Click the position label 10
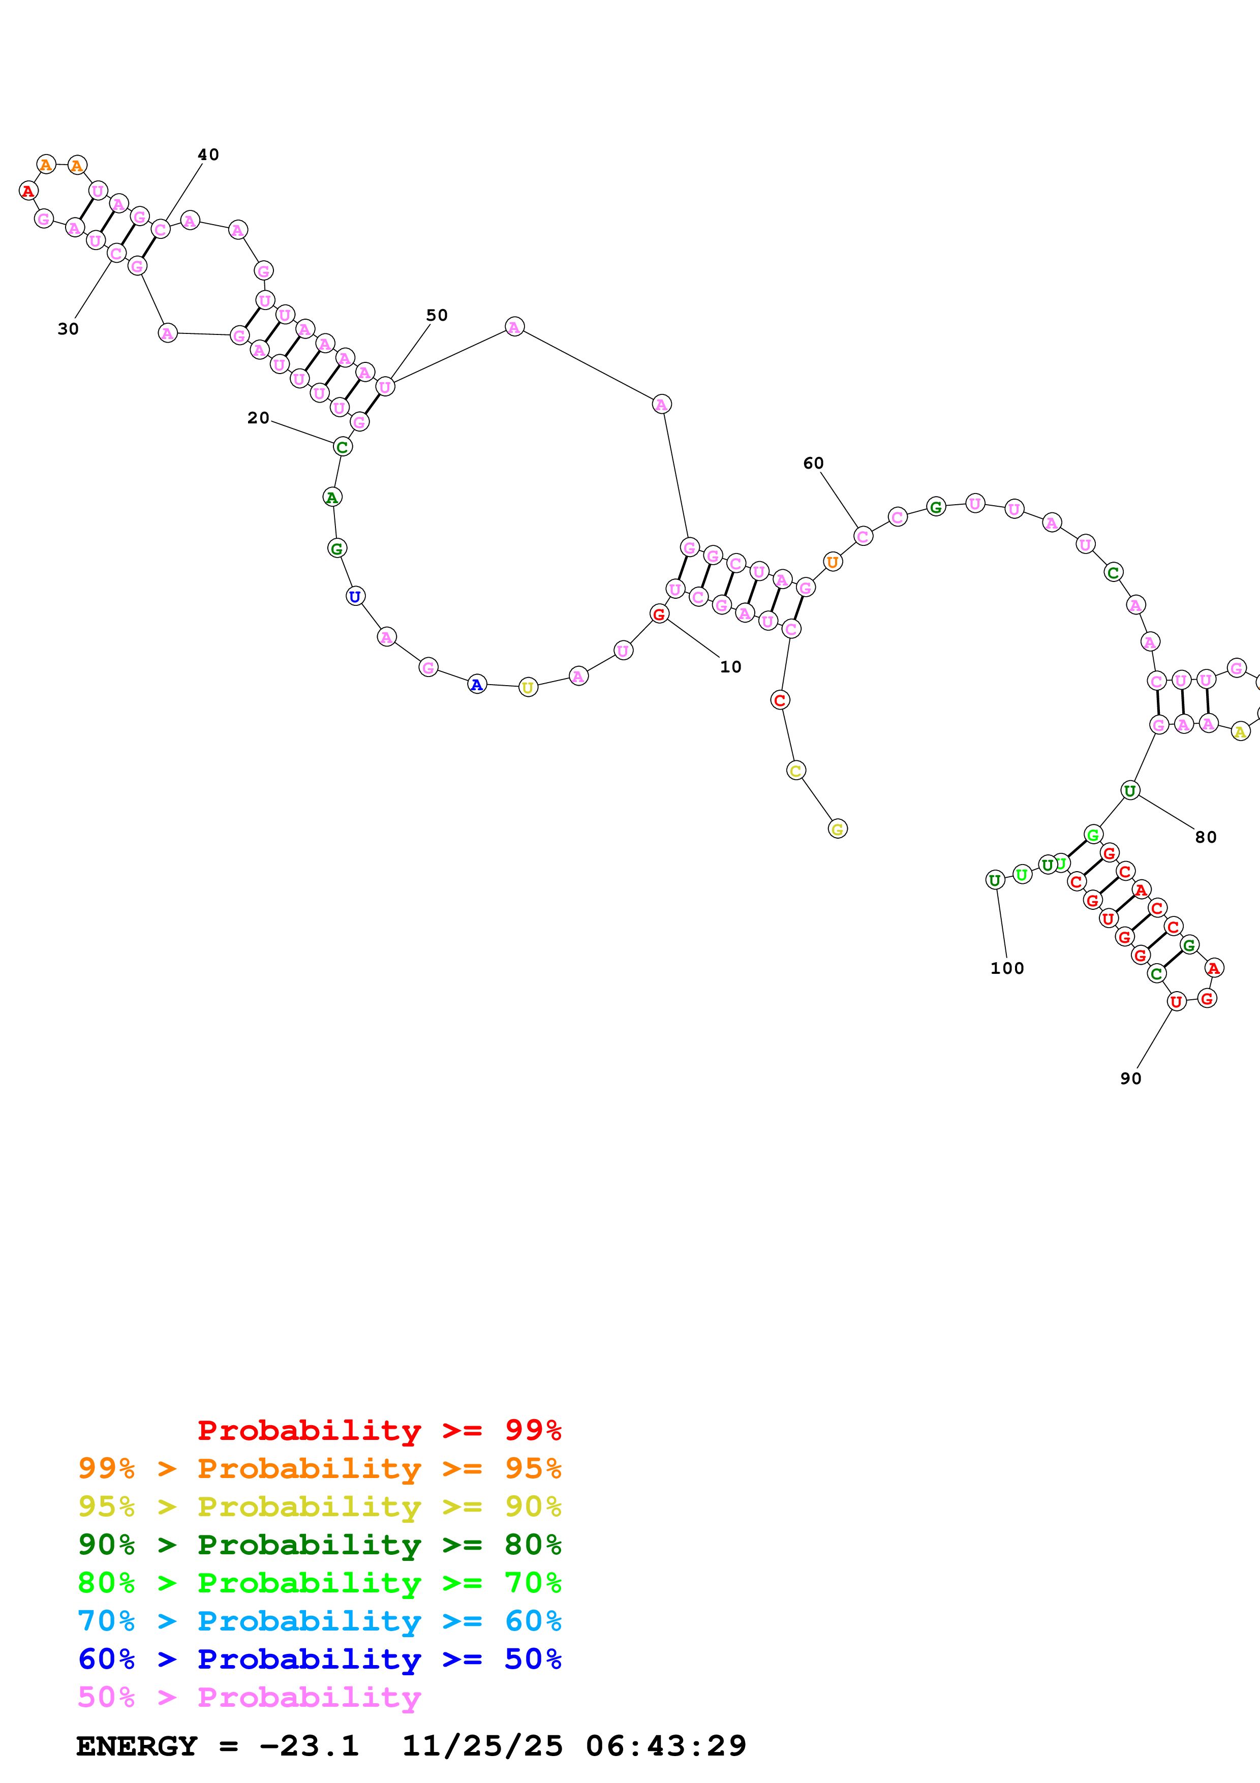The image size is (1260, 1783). [730, 666]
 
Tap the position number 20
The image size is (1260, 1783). [258, 418]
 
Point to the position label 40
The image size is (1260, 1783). [208, 155]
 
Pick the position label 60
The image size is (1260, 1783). [813, 463]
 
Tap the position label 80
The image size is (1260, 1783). [1205, 837]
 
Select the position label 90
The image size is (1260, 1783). [1130, 1079]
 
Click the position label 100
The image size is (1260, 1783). [1007, 968]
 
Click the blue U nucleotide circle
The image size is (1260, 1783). [355, 596]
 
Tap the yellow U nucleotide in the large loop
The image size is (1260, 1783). [528, 687]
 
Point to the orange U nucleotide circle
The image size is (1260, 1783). [832, 562]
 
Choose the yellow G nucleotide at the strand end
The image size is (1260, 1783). [837, 829]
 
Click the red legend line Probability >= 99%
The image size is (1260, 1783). [379, 1430]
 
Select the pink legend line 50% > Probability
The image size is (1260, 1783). [249, 1698]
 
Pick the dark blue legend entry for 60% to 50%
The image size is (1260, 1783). [319, 1659]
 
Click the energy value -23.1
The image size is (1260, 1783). [308, 1746]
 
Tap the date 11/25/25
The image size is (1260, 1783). [482, 1746]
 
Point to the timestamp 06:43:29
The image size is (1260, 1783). [665, 1746]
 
